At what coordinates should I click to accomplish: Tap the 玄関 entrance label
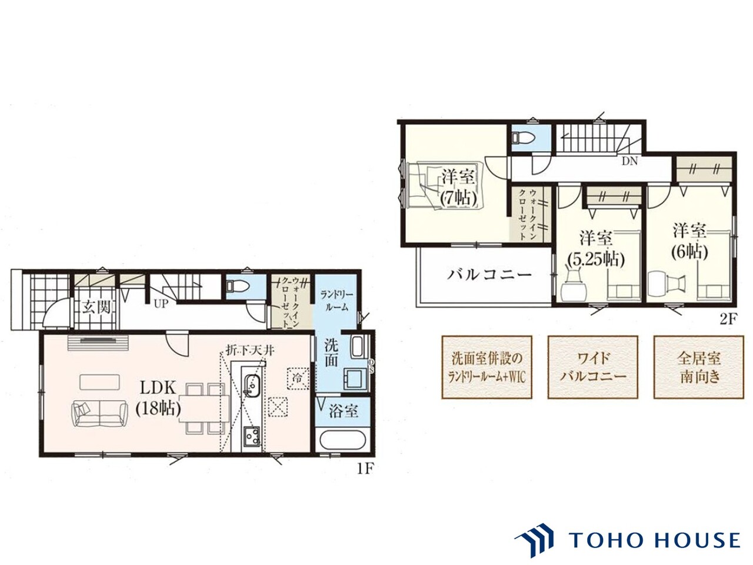pos(96,308)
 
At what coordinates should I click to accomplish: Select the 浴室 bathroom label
pos(343,411)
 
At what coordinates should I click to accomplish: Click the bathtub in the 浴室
pos(343,442)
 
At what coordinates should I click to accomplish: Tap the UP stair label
pos(161,304)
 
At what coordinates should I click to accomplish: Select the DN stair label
pos(629,161)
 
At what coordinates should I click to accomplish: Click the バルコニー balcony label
pos(489,274)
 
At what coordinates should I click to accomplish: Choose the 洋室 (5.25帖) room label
pos(595,249)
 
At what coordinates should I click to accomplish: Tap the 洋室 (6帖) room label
pos(689,241)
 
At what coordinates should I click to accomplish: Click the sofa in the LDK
pos(98,415)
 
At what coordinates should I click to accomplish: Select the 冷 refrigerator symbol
pos(296,378)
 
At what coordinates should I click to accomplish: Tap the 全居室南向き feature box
pos(698,367)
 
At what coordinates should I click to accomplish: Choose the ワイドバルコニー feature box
pos(593,367)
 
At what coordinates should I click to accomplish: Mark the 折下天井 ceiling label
pos(250,351)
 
